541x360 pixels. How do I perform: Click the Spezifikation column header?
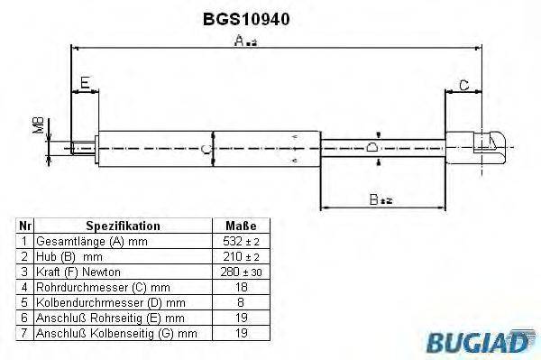coord(123,226)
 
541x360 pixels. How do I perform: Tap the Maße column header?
coord(241,226)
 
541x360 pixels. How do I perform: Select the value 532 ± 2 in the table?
coord(241,242)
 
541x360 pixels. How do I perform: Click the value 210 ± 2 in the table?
coord(241,256)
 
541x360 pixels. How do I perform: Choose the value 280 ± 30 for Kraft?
coord(241,272)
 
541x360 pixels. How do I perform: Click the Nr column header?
coord(26,226)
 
